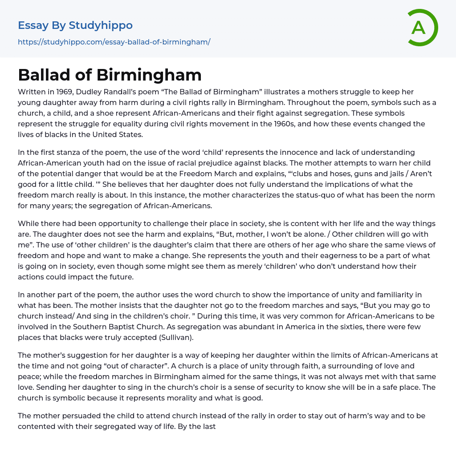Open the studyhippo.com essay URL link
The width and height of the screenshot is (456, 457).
(x=114, y=42)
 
